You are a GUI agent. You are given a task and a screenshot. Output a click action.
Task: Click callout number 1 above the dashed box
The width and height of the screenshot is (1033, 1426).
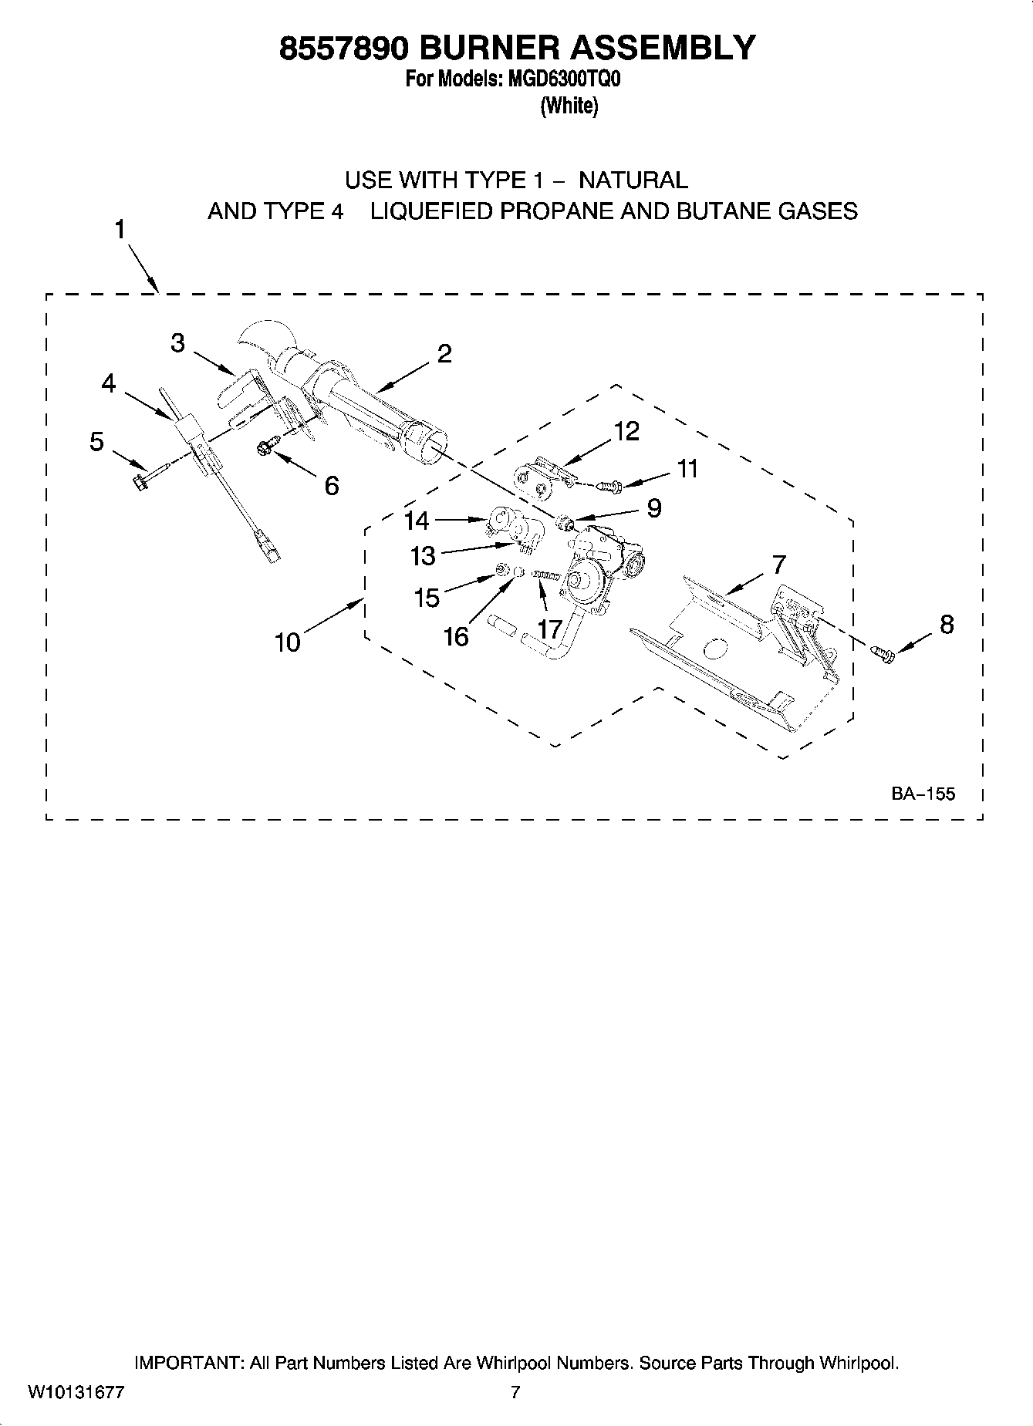coord(120,229)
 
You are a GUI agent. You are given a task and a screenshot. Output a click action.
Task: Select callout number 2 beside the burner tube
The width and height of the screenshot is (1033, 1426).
coord(444,354)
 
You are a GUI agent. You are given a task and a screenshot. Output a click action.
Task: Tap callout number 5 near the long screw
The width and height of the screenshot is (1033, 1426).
coord(96,442)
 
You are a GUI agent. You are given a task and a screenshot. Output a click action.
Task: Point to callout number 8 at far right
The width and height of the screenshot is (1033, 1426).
coord(947,624)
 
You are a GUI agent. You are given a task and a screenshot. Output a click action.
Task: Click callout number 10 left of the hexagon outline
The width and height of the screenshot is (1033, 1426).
coord(288,642)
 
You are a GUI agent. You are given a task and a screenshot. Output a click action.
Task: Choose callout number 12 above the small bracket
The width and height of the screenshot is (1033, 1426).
coord(626,431)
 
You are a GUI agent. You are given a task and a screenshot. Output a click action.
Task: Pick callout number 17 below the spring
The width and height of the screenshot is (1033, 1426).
coord(549,629)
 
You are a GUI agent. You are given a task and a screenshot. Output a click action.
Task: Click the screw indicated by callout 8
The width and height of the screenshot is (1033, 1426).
coord(883,654)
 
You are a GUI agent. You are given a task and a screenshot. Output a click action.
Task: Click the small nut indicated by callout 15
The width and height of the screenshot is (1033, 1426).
coord(501,571)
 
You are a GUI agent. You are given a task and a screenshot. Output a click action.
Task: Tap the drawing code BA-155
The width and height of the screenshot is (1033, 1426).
coord(923,794)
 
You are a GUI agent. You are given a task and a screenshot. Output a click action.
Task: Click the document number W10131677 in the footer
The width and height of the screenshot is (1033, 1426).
coord(76,1392)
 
